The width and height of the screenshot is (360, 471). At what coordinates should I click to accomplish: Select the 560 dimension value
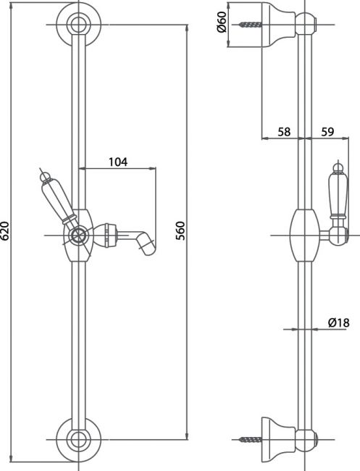click(x=180, y=230)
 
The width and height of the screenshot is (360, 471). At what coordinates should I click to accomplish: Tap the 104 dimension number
click(x=118, y=162)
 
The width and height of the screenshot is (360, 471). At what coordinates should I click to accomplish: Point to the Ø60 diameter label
click(x=221, y=23)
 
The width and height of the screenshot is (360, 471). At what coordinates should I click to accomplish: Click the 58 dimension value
click(x=284, y=132)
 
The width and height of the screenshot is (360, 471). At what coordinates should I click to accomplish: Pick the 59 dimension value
click(x=327, y=132)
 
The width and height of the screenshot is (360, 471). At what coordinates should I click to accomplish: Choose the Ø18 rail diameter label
click(x=339, y=322)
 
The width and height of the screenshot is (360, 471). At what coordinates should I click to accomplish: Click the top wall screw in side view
click(x=251, y=25)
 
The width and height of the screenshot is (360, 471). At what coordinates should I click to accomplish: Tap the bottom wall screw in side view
click(x=251, y=439)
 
